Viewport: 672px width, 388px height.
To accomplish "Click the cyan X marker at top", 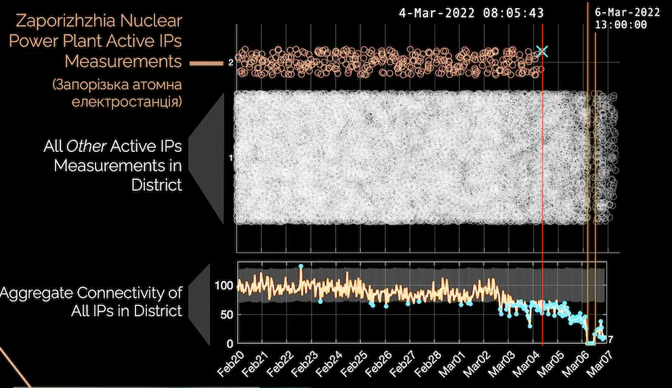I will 541,51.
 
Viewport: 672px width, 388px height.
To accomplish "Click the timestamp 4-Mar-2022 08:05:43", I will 471,13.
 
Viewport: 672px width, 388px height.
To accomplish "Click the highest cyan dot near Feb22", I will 301,267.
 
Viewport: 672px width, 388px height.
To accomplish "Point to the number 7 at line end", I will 610,339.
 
